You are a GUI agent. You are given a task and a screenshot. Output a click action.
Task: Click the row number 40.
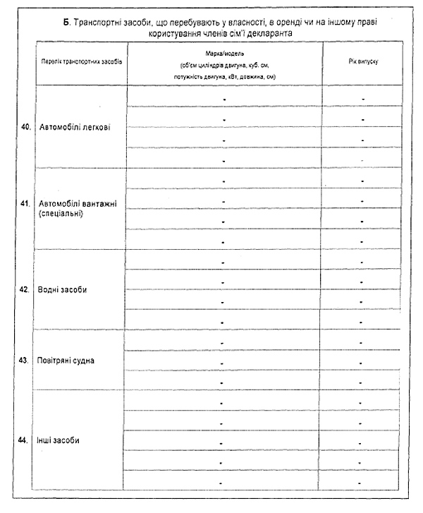point(25,127)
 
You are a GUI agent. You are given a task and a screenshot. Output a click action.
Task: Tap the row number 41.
point(25,203)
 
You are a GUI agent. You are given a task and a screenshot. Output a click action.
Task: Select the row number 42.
point(25,289)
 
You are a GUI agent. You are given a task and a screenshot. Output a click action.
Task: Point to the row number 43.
point(25,360)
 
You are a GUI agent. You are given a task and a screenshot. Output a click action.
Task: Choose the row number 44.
point(25,440)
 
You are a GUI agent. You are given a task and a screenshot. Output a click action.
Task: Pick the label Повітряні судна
point(66,360)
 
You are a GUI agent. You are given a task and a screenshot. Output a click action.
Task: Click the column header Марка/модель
point(225,54)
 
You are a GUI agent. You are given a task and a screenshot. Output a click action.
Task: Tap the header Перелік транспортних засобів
point(81,61)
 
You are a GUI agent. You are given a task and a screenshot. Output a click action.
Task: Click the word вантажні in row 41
point(99,203)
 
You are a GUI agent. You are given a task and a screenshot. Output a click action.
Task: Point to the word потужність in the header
point(185,76)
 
